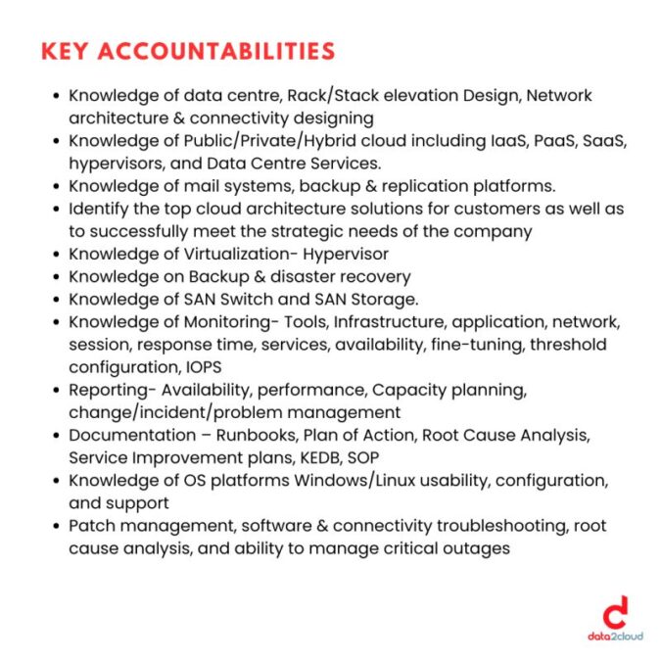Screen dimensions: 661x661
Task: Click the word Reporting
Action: click(107, 390)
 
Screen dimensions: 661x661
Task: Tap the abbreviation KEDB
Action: click(312, 457)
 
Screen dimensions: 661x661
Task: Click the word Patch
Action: click(90, 526)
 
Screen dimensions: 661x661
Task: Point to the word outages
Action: click(478, 548)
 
